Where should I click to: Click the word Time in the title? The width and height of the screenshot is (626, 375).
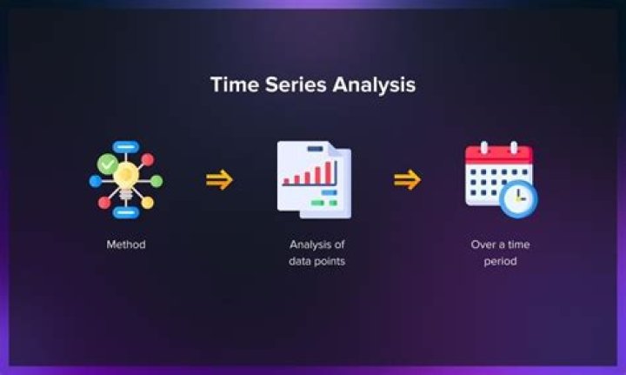(233, 85)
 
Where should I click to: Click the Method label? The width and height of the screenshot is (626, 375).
(126, 244)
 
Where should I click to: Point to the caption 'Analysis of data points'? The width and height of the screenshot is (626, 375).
(316, 252)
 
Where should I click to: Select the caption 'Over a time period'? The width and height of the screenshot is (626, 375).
(500, 252)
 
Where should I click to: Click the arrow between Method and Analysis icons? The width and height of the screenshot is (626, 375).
(219, 180)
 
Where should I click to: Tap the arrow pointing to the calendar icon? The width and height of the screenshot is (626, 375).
(407, 180)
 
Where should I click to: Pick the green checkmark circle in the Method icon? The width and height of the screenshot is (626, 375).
(108, 163)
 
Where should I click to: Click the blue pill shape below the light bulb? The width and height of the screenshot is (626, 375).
(126, 211)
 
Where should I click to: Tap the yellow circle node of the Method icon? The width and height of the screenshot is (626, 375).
(148, 203)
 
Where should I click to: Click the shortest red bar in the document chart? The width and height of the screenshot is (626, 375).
(287, 182)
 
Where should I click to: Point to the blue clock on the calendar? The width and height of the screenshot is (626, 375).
(519, 198)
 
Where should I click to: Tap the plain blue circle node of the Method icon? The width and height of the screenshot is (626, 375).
(95, 181)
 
